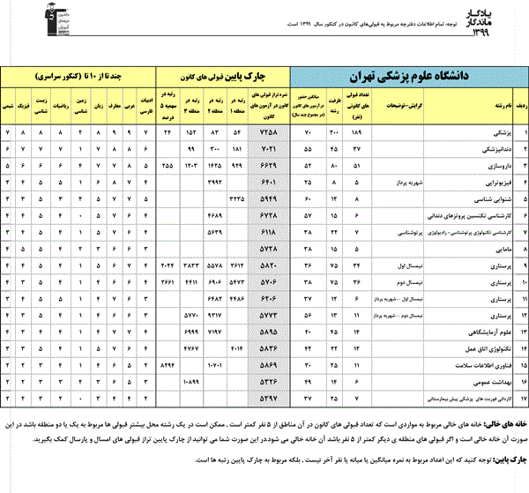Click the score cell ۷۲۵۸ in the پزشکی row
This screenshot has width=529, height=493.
[x=270, y=132]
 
